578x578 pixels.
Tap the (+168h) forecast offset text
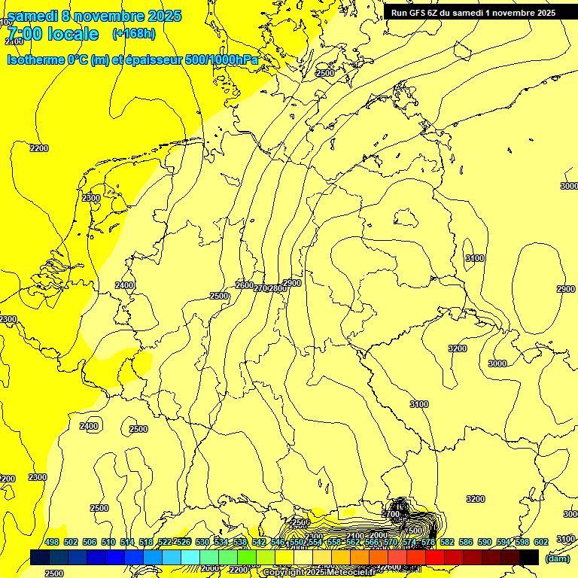tap(133, 33)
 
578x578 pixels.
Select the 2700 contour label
tap(261, 288)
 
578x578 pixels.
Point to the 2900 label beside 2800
tap(292, 283)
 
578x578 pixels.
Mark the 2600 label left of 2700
tap(245, 285)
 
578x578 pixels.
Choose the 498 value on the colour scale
tap(52, 542)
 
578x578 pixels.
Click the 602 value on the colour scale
tap(541, 542)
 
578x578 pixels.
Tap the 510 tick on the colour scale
tap(108, 542)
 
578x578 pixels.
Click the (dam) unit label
tap(558, 558)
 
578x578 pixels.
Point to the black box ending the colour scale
tap(529, 557)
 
